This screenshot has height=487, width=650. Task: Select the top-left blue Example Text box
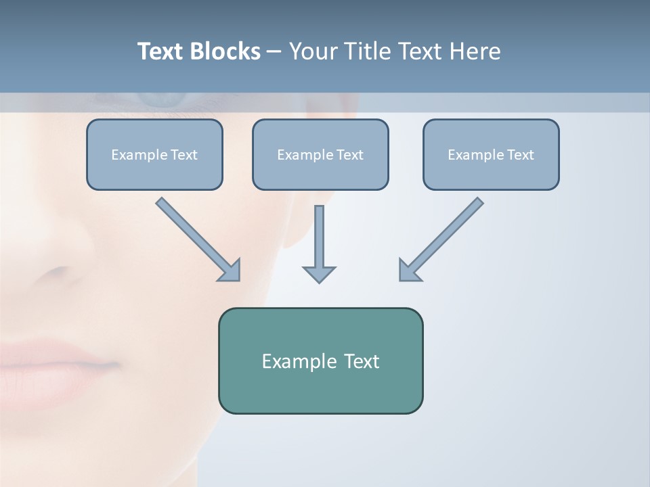pyautogui.click(x=154, y=154)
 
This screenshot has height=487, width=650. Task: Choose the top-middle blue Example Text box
pyautogui.click(x=320, y=154)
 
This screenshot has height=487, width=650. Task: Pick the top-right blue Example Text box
pyautogui.click(x=491, y=154)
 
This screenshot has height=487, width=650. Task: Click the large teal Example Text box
pyautogui.click(x=320, y=361)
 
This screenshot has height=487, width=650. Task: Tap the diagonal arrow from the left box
pyautogui.click(x=197, y=238)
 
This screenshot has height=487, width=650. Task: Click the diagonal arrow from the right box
pyautogui.click(x=442, y=238)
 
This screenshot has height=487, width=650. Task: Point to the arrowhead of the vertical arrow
pyautogui.click(x=319, y=273)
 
